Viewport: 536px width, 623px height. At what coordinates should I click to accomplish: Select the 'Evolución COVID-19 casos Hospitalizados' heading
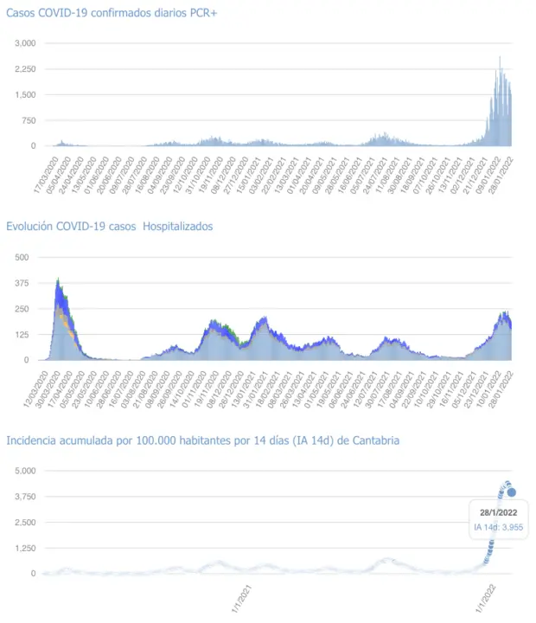(110, 227)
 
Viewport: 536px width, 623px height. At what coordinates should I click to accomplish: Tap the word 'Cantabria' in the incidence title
(374, 440)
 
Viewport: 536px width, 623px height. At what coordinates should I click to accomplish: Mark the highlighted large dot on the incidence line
(512, 492)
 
